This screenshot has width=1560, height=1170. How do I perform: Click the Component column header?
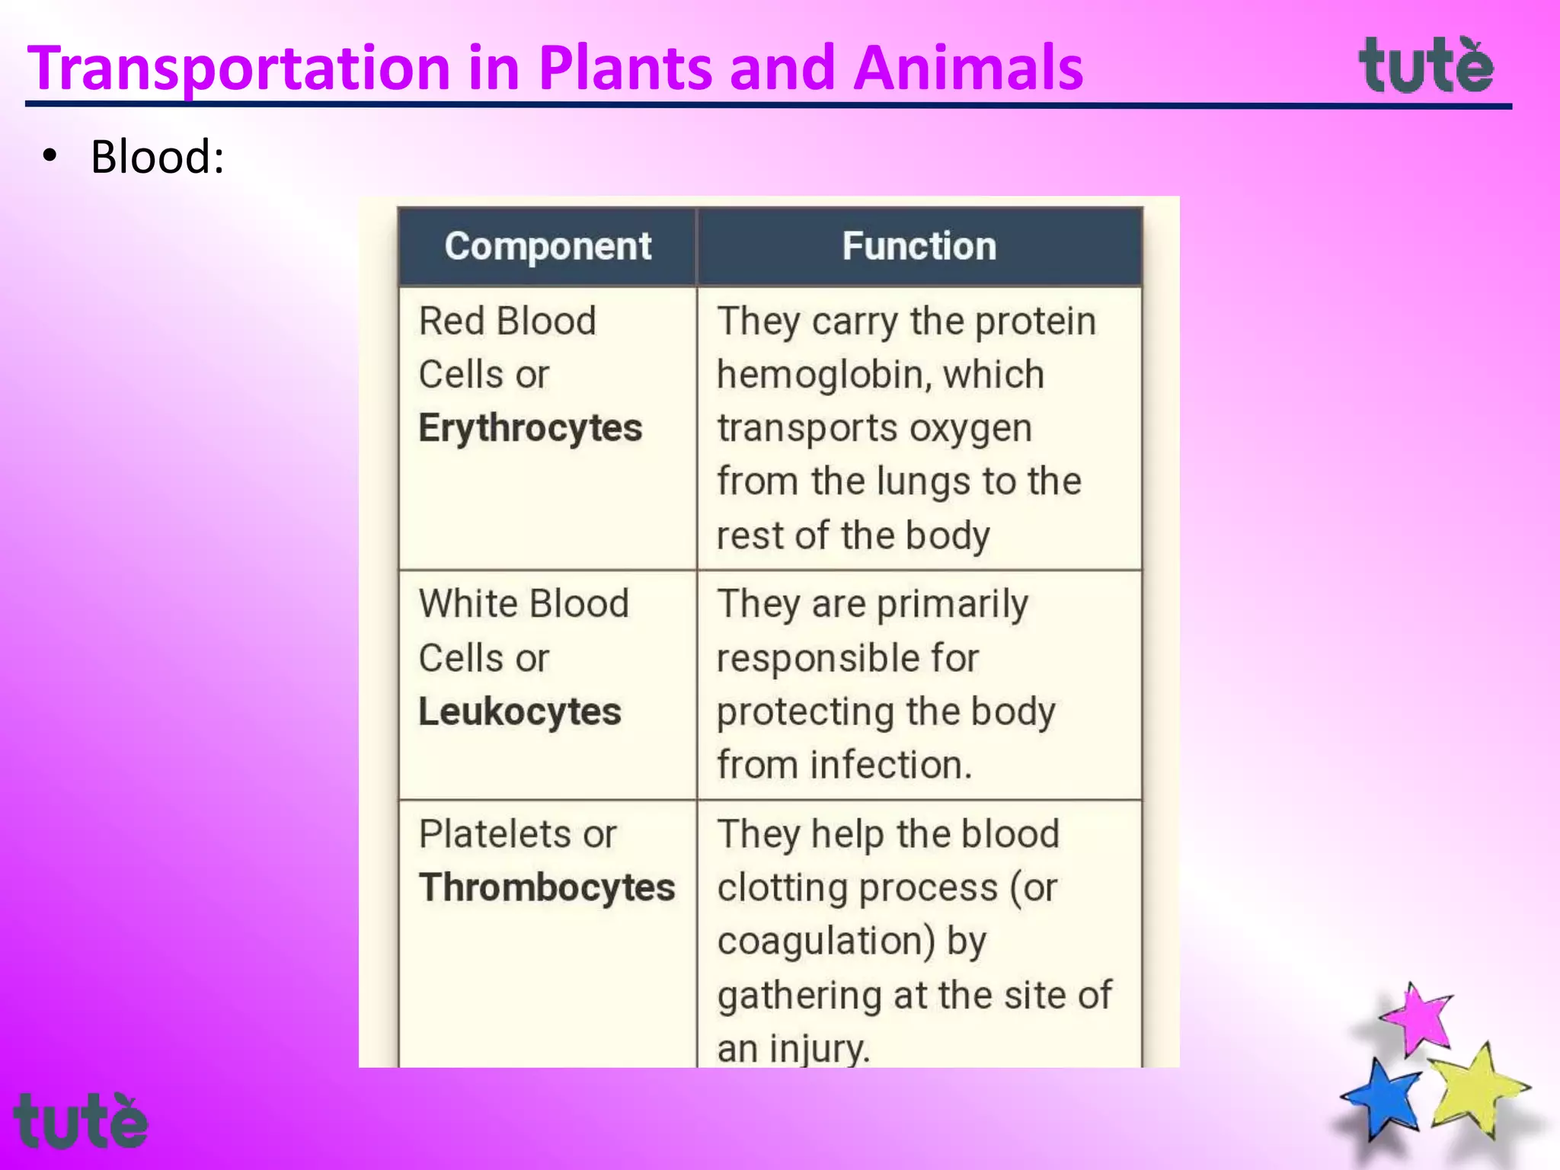point(548,247)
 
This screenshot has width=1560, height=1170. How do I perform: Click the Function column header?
point(919,247)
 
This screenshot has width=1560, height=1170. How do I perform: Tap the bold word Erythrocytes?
point(530,428)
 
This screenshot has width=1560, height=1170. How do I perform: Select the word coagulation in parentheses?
point(822,941)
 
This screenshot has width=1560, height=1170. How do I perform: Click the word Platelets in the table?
point(494,834)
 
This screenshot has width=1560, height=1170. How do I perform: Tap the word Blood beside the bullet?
point(157,158)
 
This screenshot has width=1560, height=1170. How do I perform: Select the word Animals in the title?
point(967,69)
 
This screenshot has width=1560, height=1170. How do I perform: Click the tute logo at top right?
point(1426,66)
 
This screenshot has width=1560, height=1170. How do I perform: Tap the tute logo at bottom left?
point(80,1121)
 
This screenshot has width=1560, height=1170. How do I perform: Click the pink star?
point(1418,1018)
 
